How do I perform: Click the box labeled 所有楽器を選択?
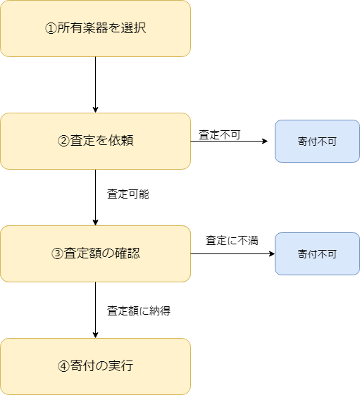[95, 28]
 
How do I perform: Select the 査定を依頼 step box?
[95, 141]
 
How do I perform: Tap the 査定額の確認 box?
[95, 253]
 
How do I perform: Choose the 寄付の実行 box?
[95, 366]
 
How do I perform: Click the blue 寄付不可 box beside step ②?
[317, 141]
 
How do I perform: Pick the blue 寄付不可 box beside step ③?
[317, 253]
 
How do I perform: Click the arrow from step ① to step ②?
[95, 84]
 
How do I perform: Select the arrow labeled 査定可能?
[95, 197]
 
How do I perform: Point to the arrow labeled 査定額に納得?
[95, 310]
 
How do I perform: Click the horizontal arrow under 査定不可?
[229, 141]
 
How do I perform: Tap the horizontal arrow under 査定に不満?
[232, 253]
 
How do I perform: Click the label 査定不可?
[220, 134]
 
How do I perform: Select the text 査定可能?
[128, 194]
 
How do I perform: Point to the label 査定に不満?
[232, 240]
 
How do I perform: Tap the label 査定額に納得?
[139, 311]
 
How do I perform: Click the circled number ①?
[51, 28]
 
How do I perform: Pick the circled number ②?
[63, 141]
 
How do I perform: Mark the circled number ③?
[57, 253]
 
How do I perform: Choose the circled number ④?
[63, 366]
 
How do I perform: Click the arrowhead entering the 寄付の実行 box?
[95, 335]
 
